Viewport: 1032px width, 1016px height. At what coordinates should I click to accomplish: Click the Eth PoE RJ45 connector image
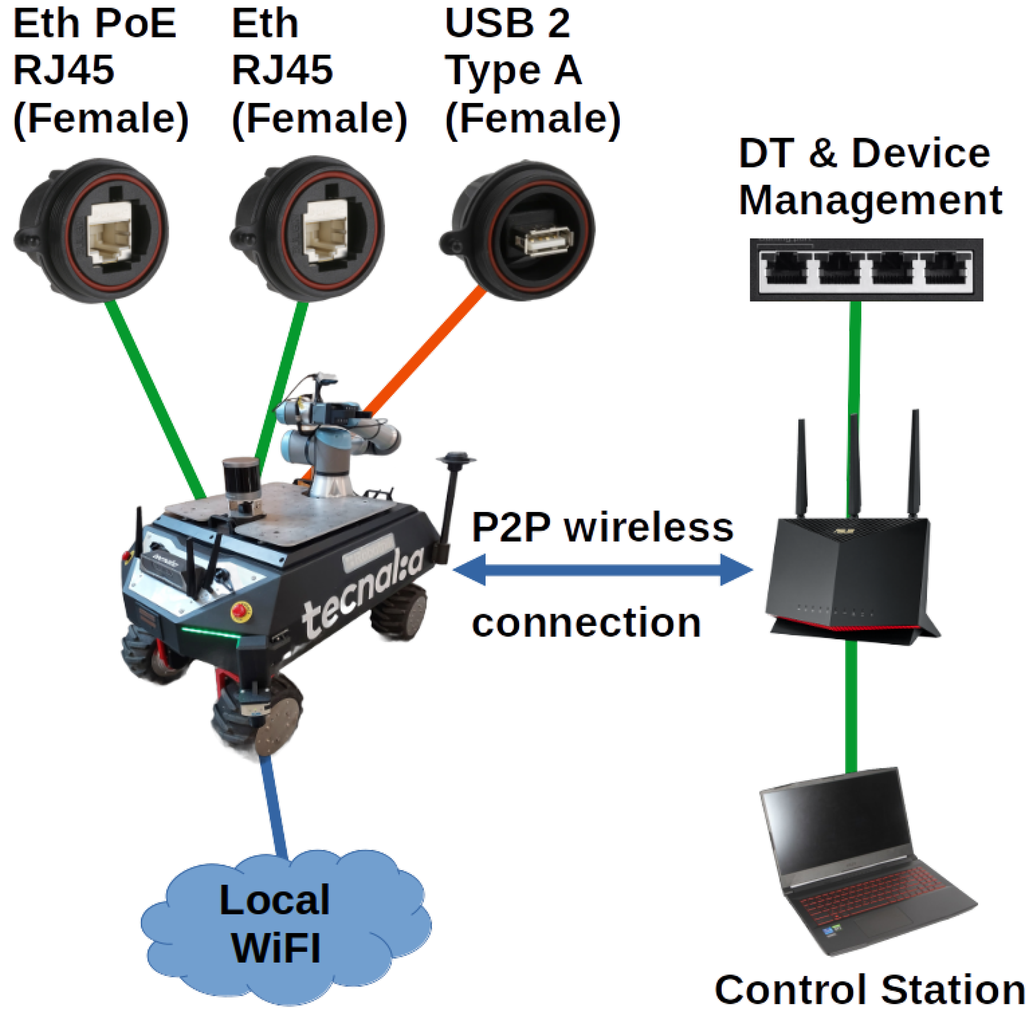pyautogui.click(x=91, y=230)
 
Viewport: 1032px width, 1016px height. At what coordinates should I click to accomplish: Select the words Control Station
pyautogui.click(x=869, y=990)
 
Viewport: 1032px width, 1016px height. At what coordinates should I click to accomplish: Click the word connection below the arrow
pyautogui.click(x=586, y=623)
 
